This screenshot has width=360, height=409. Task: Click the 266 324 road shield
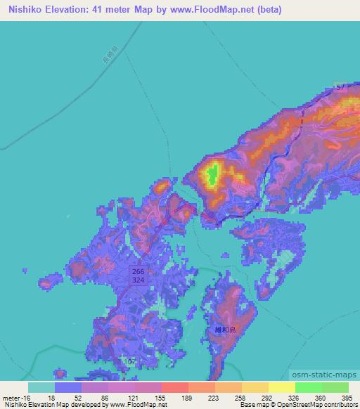pyautogui.click(x=138, y=275)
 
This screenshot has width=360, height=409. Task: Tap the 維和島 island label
pyautogui.click(x=225, y=328)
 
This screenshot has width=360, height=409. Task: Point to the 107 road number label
pyautogui.click(x=129, y=361)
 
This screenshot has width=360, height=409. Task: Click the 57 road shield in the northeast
pyautogui.click(x=339, y=85)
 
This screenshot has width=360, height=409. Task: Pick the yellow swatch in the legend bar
pyautogui.click(x=281, y=387)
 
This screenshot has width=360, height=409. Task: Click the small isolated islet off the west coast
pyautogui.click(x=46, y=283)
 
